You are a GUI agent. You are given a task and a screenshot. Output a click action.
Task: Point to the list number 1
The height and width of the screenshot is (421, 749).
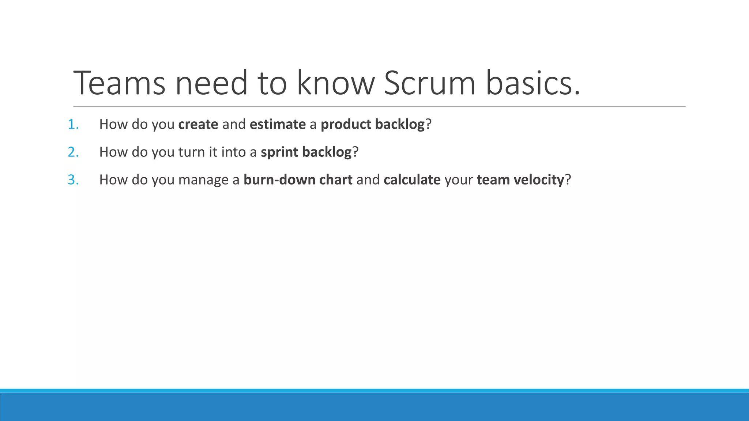point(73,125)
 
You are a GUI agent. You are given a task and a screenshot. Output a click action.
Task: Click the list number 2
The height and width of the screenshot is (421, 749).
point(73,152)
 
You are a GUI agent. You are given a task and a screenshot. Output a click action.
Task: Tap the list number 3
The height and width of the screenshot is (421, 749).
point(73,180)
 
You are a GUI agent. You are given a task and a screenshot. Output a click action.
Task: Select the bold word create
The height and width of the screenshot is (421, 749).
point(198,125)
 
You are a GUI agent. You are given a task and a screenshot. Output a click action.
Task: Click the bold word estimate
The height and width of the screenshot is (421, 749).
point(278,125)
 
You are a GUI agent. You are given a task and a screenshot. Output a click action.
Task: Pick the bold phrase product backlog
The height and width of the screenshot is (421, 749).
point(372,125)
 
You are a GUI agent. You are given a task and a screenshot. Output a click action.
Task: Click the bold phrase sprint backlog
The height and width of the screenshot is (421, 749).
point(306,152)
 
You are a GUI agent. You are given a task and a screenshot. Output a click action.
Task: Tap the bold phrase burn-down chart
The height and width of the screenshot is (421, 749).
point(298,180)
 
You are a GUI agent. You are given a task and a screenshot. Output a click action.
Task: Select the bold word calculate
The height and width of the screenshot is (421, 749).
point(412,180)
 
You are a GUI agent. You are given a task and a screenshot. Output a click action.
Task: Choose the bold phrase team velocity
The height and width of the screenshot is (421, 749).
point(520,180)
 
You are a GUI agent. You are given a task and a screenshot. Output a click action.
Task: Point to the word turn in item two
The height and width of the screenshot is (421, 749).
point(191,152)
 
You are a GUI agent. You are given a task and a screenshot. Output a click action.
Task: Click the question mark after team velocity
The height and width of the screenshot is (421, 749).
point(568,180)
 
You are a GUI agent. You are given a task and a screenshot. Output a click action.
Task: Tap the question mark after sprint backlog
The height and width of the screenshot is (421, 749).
point(355,152)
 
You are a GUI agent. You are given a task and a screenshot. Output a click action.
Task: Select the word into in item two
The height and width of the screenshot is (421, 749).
point(232,152)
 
